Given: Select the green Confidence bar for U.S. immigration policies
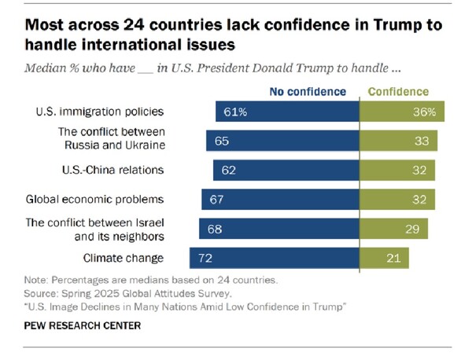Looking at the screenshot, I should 402,111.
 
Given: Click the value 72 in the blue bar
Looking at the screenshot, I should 205,258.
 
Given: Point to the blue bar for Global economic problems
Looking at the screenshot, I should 280,199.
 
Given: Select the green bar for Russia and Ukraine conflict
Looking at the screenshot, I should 398,141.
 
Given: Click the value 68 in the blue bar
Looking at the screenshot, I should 213,228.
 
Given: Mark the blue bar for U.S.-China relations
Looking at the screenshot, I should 286,169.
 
